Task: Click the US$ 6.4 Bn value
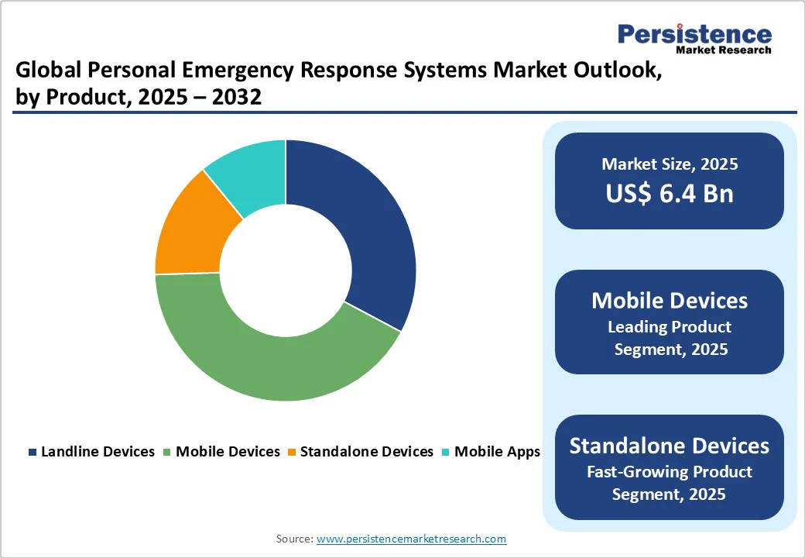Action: coord(670,193)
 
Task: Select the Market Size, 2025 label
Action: coord(670,164)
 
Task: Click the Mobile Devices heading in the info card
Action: coord(670,301)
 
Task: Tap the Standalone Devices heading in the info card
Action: coord(670,446)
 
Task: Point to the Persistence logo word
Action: coord(694,34)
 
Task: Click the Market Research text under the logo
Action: coord(724,50)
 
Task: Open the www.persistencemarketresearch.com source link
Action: coord(411,539)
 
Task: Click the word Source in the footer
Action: coord(294,539)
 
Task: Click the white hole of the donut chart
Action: coord(286,271)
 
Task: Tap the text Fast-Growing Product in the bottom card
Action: coord(670,471)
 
